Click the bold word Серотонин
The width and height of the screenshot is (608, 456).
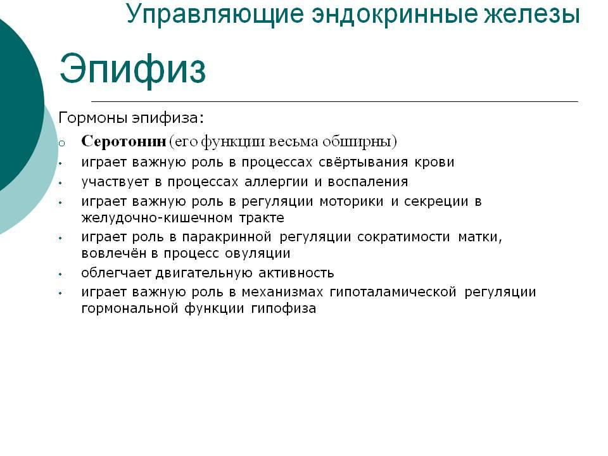(123, 141)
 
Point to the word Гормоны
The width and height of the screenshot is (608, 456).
(93, 118)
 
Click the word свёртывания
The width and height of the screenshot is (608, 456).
(364, 162)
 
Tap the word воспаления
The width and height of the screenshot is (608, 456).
(368, 182)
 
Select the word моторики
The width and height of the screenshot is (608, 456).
(351, 201)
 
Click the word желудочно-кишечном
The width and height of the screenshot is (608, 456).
(157, 218)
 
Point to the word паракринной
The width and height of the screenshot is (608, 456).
(227, 237)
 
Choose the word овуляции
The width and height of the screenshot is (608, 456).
(258, 253)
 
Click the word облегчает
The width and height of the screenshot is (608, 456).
(116, 273)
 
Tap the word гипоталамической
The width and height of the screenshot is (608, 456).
(393, 292)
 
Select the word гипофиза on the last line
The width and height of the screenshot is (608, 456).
(284, 309)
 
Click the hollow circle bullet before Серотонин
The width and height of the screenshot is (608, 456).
(61, 144)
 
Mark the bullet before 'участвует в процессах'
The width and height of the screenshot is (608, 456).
(61, 182)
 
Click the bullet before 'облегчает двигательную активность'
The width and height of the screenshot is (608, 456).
(61, 274)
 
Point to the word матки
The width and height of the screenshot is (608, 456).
(480, 237)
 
